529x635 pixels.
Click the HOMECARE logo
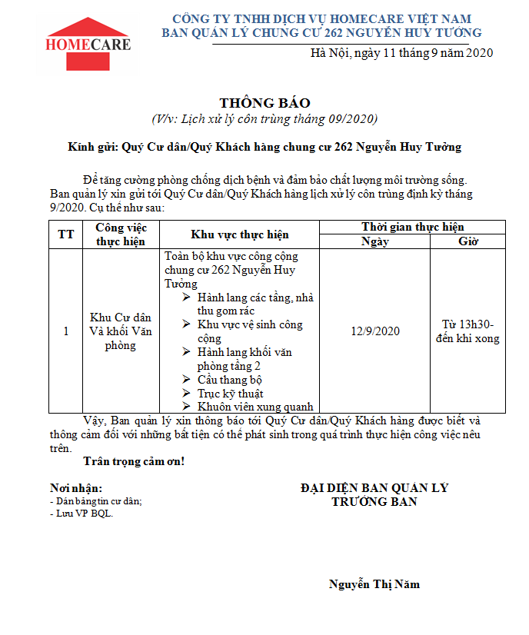click(88, 41)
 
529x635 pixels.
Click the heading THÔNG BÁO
click(264, 103)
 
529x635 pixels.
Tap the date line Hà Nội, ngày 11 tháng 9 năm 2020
click(401, 52)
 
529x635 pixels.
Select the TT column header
click(65, 234)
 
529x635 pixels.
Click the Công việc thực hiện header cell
click(121, 234)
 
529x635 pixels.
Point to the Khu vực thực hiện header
click(239, 234)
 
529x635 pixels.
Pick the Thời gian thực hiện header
click(412, 227)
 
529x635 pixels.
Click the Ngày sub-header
click(374, 241)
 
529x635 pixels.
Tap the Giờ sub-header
click(467, 241)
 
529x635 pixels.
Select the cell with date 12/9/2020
click(374, 331)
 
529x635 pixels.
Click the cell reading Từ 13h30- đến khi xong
click(467, 331)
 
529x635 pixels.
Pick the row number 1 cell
click(65, 331)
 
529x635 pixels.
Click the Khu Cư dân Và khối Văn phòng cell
click(121, 331)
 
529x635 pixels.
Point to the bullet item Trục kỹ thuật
click(230, 394)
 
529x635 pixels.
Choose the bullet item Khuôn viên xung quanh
click(255, 407)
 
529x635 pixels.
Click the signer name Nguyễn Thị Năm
click(374, 584)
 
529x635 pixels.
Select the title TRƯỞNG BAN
click(374, 502)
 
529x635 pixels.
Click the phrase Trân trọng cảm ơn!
click(133, 462)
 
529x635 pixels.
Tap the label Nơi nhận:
click(75, 488)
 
